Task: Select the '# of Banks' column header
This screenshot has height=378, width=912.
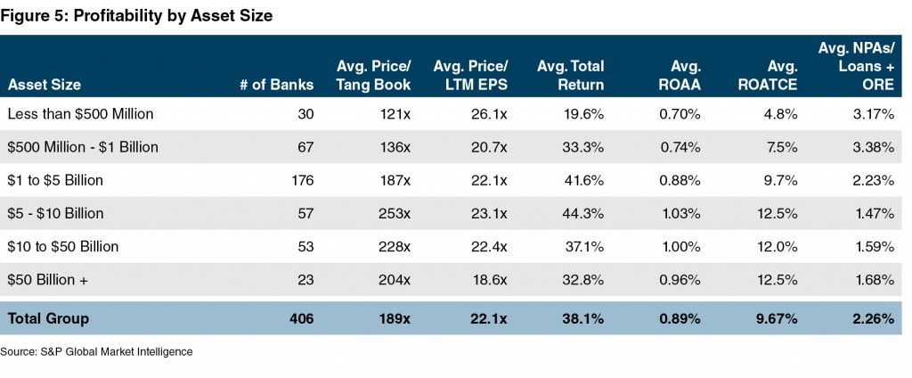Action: click(277, 85)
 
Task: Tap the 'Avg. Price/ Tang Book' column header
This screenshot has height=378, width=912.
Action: click(373, 76)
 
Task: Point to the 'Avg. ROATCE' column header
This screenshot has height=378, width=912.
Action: click(766, 76)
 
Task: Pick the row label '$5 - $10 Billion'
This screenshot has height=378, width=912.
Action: click(54, 214)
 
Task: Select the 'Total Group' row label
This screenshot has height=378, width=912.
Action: click(48, 317)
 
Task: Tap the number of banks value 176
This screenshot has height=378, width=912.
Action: click(303, 180)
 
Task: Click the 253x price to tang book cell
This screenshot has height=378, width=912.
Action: click(395, 214)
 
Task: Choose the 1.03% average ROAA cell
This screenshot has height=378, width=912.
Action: click(681, 214)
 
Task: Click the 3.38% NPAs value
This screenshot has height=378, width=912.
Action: click(872, 147)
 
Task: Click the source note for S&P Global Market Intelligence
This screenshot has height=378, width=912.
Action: click(96, 351)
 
